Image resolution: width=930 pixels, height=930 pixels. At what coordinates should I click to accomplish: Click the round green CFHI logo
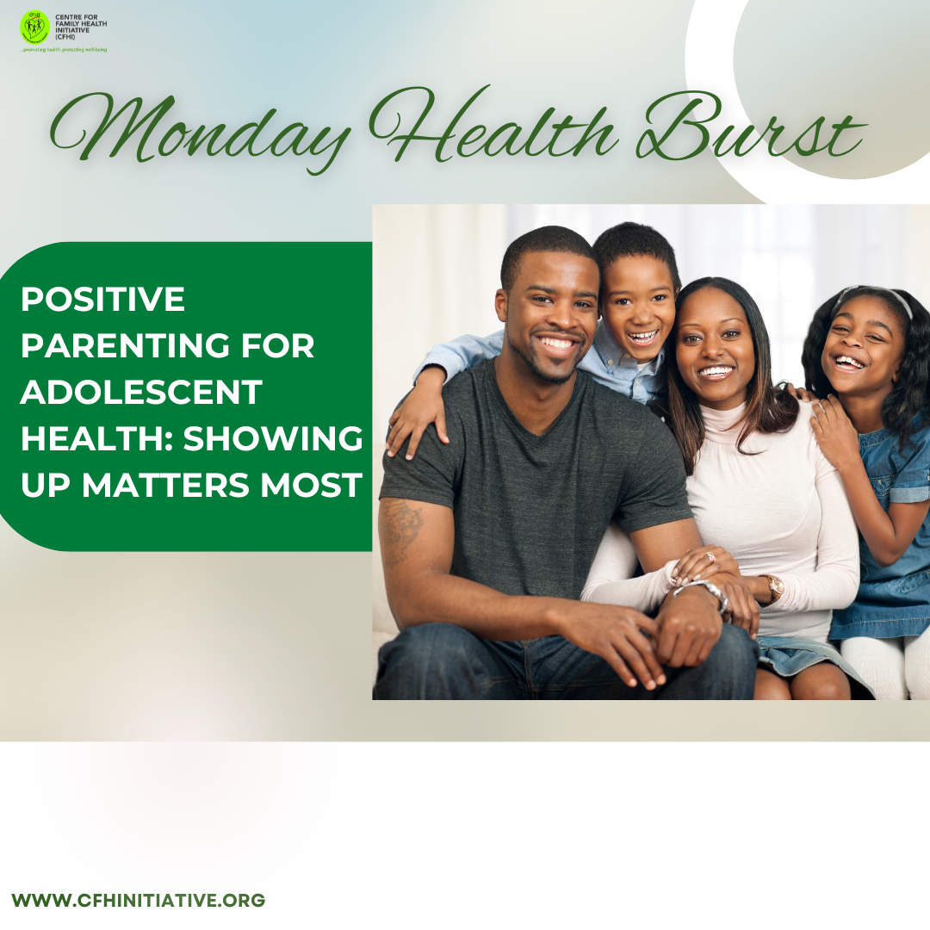(34, 28)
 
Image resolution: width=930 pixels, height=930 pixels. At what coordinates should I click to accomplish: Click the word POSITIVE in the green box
(103, 299)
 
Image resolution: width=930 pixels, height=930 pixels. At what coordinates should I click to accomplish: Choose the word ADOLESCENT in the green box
(142, 392)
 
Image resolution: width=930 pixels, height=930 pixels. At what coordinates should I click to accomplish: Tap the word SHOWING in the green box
(273, 438)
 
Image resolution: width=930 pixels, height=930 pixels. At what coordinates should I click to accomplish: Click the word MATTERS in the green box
(165, 485)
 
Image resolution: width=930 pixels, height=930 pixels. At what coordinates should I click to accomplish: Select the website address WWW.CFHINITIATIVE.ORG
(138, 900)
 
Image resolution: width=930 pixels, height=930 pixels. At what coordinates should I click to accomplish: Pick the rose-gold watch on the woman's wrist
(773, 588)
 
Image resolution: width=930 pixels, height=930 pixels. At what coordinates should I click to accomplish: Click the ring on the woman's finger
(710, 557)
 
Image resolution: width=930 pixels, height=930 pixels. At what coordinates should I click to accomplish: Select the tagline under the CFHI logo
(64, 50)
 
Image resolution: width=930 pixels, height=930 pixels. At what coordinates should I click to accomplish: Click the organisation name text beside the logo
(81, 28)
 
